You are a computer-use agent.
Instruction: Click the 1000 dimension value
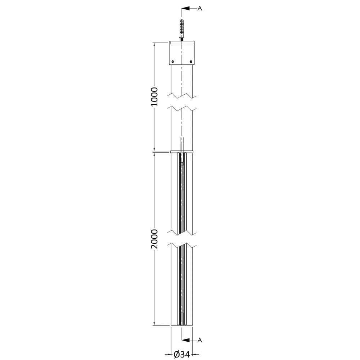(154, 96)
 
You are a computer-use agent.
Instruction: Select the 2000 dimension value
(154, 239)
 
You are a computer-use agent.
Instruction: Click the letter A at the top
(200, 9)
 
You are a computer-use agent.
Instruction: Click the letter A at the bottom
(200, 340)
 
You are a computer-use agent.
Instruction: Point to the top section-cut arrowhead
(186, 9)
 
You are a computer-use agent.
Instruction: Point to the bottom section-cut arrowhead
(186, 340)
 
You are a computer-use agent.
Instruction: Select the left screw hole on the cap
(173, 62)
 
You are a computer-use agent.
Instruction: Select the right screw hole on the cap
(191, 62)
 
